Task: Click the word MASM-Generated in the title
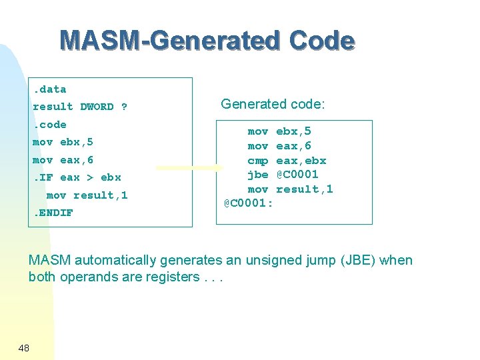pos(171,41)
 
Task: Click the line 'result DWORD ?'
pos(80,107)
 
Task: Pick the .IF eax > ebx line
pos(77,177)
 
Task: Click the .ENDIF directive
pos(53,213)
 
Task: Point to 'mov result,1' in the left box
pos(87,195)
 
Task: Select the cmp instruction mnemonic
pos(258,161)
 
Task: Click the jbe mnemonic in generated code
pos(258,175)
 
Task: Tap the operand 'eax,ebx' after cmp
pos(301,161)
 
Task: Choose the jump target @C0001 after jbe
pos(297,175)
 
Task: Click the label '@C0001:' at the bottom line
pos(248,203)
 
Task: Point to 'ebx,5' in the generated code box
pos(293,132)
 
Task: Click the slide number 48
pos(24,347)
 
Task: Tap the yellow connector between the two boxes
pos(189,168)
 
